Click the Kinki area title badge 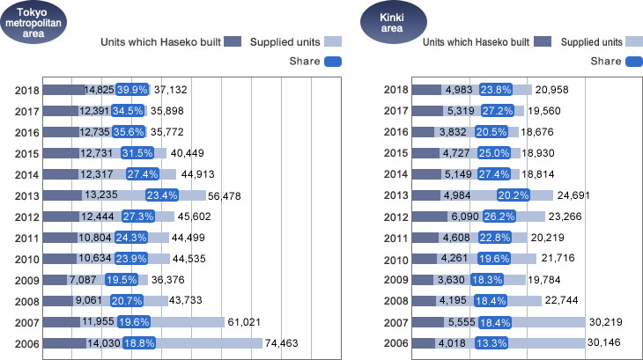(x=393, y=22)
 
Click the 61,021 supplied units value (x=246, y=322)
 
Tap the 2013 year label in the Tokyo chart (x=27, y=195)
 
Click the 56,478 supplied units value (x=227, y=195)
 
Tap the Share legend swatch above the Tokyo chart (x=333, y=62)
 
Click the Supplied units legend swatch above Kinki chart (x=633, y=41)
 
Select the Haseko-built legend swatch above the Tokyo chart (x=233, y=41)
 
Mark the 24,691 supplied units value (x=574, y=195)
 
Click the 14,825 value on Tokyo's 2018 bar (x=100, y=90)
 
